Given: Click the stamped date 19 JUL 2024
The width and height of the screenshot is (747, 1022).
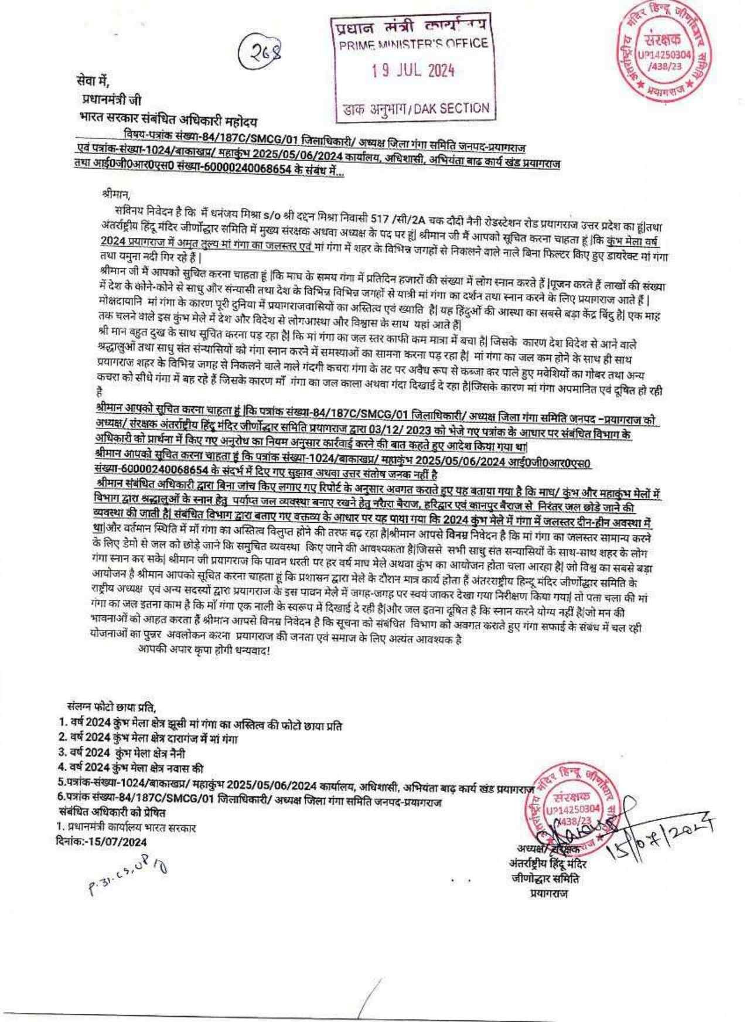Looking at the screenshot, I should [413, 71].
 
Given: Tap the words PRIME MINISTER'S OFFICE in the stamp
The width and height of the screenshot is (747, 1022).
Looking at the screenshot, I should [414, 44].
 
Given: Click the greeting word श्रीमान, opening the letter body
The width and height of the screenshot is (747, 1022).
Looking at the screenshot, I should [113, 192].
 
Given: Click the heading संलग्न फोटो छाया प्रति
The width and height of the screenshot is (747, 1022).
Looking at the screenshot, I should [112, 708].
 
